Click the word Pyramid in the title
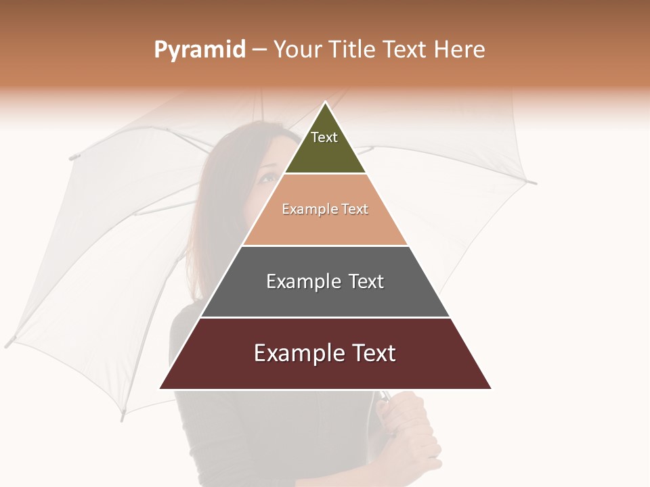pos(200,50)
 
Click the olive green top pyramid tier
pos(326,152)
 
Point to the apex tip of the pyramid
pos(326,103)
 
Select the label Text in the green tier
pos(324,137)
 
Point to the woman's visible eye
pos(267,178)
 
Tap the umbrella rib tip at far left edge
pos(8,342)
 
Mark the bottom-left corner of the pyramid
pos(160,388)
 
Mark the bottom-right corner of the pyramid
pos(491,388)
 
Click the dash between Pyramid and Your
pos(259,50)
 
